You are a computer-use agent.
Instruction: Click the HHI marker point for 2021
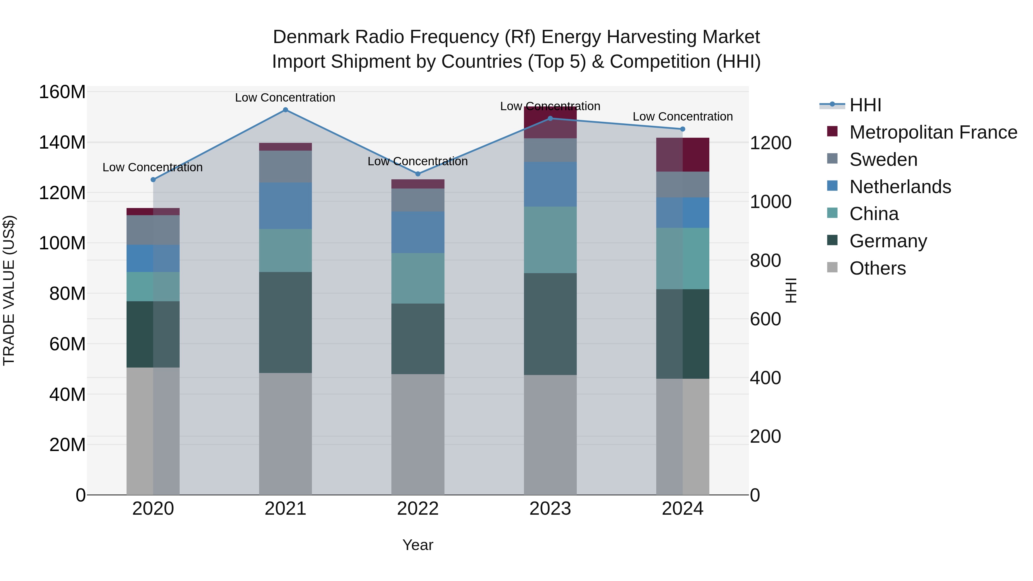tap(285, 110)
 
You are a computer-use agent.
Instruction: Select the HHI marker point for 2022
tap(418, 174)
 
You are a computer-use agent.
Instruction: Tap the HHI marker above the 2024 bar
tap(683, 129)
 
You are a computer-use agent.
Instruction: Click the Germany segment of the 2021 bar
tap(285, 322)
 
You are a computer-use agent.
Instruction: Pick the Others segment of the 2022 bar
tap(418, 434)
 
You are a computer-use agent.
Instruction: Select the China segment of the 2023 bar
tap(550, 240)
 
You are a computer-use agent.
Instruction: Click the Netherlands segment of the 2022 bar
tap(418, 232)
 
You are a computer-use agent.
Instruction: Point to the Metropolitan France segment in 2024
tap(683, 154)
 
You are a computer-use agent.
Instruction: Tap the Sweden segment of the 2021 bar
tap(285, 166)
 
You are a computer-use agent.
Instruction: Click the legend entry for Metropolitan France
tap(933, 132)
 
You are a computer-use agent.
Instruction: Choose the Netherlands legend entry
tap(900, 187)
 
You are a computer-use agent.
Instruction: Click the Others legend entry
tap(877, 268)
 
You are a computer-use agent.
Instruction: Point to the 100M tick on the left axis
tap(62, 243)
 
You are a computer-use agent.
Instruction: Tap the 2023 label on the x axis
tap(550, 509)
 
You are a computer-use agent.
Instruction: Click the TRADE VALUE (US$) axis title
tap(9, 290)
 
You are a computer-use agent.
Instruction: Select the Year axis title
tap(418, 545)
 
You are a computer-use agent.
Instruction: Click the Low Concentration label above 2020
tap(152, 167)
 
